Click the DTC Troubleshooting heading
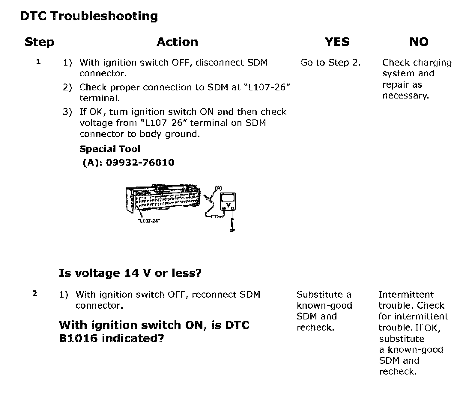(89, 16)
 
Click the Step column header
(39, 42)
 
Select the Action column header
(177, 42)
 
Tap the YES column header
(337, 42)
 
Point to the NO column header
(419, 42)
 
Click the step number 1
(38, 62)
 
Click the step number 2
(35, 294)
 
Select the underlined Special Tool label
(110, 149)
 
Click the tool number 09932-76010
(140, 163)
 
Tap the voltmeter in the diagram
(228, 202)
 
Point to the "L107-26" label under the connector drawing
(149, 221)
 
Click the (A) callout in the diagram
(219, 188)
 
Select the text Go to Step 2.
(330, 63)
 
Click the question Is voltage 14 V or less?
(130, 273)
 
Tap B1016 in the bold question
(78, 338)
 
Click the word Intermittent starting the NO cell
(406, 295)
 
